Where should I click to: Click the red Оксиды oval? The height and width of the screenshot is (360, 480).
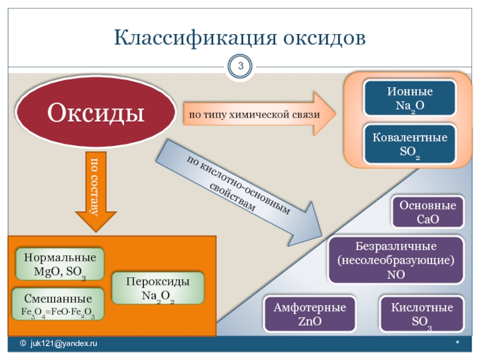click(x=96, y=112)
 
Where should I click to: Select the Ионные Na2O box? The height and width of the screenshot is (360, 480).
click(x=409, y=100)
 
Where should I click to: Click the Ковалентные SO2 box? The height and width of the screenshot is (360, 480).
click(x=409, y=145)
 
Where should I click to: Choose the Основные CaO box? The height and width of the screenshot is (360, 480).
click(x=428, y=212)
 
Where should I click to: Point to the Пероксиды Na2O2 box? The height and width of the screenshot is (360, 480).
click(x=158, y=289)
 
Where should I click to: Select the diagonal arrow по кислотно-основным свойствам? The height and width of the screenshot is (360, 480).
click(x=240, y=186)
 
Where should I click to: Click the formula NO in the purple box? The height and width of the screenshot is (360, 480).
click(x=396, y=275)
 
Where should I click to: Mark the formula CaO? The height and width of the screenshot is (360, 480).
click(x=428, y=219)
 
